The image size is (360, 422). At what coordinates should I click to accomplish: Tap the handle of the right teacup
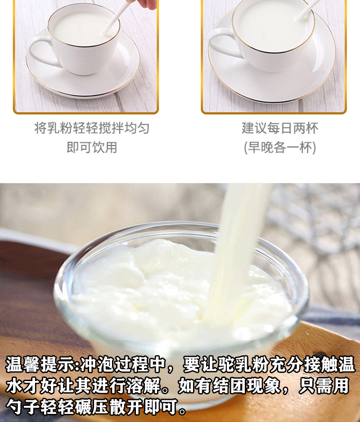(x=214, y=43)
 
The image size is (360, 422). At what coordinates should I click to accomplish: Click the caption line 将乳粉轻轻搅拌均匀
(x=92, y=128)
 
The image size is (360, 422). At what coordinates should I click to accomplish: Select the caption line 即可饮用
(x=92, y=148)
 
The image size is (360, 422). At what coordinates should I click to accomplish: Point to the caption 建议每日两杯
(x=280, y=128)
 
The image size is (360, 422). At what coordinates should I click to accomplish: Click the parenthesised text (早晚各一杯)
(x=280, y=148)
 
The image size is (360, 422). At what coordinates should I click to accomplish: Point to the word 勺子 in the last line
(x=22, y=406)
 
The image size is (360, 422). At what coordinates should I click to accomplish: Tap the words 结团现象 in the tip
(x=246, y=386)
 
